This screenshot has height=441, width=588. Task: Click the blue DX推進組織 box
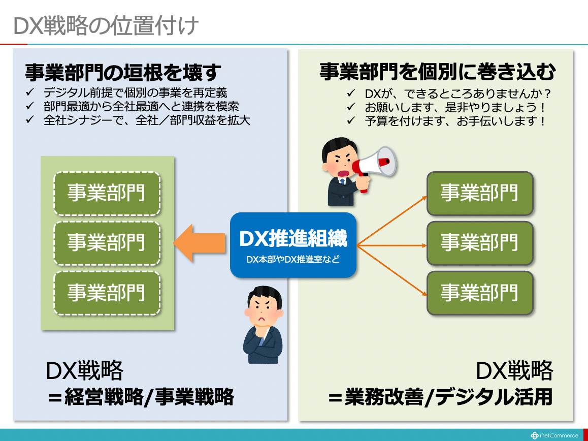pos(293,245)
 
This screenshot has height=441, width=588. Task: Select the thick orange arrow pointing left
pos(199,243)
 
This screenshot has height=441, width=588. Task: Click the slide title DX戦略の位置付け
pos(106,26)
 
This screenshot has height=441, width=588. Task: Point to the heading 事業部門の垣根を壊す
pos(123,72)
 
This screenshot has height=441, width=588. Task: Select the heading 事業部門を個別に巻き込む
pos(437,71)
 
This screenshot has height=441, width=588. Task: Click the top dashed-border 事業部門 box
pos(107,194)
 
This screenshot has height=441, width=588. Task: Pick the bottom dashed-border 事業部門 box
pos(107,293)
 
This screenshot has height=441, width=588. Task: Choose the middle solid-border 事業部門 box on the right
pos(480,243)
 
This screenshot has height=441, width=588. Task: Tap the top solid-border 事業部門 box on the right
pos(480,194)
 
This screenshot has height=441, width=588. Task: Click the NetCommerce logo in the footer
pos(554,435)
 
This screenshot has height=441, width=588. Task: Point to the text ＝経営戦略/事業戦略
pos(141,397)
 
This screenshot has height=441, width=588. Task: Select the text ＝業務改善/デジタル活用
pos(440,397)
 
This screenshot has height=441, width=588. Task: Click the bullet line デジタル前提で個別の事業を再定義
pos(136,92)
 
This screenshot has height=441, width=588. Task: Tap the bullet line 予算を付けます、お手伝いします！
pos(455,121)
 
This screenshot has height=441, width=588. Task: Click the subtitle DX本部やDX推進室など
pos(293,259)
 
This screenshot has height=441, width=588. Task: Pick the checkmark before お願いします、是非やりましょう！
pos(351,107)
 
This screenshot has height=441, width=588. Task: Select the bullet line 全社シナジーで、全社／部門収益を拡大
pos(147,120)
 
